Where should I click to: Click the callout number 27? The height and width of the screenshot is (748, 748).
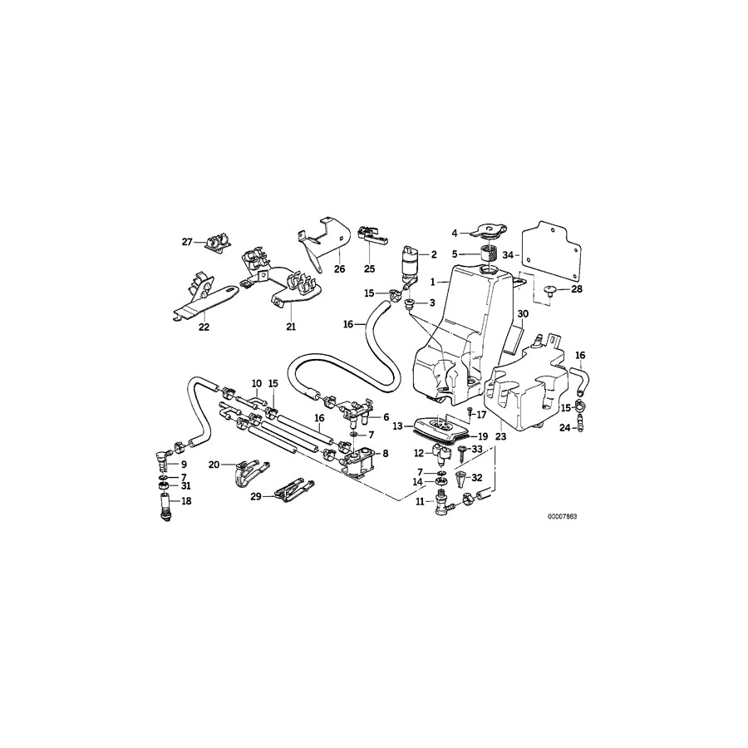pyautogui.click(x=188, y=242)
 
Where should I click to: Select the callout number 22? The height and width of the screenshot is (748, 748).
pyautogui.click(x=204, y=327)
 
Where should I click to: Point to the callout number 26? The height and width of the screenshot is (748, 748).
pyautogui.click(x=339, y=268)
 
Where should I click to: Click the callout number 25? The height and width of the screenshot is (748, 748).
pyautogui.click(x=369, y=268)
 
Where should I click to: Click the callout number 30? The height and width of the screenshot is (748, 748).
pyautogui.click(x=522, y=314)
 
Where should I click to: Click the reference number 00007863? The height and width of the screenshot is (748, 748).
pyautogui.click(x=562, y=516)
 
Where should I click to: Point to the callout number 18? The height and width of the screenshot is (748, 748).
pyautogui.click(x=185, y=501)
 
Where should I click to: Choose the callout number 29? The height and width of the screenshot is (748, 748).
pyautogui.click(x=256, y=495)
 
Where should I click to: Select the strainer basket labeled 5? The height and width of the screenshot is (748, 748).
pyautogui.click(x=490, y=251)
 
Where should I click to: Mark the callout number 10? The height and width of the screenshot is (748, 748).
pyautogui.click(x=258, y=386)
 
